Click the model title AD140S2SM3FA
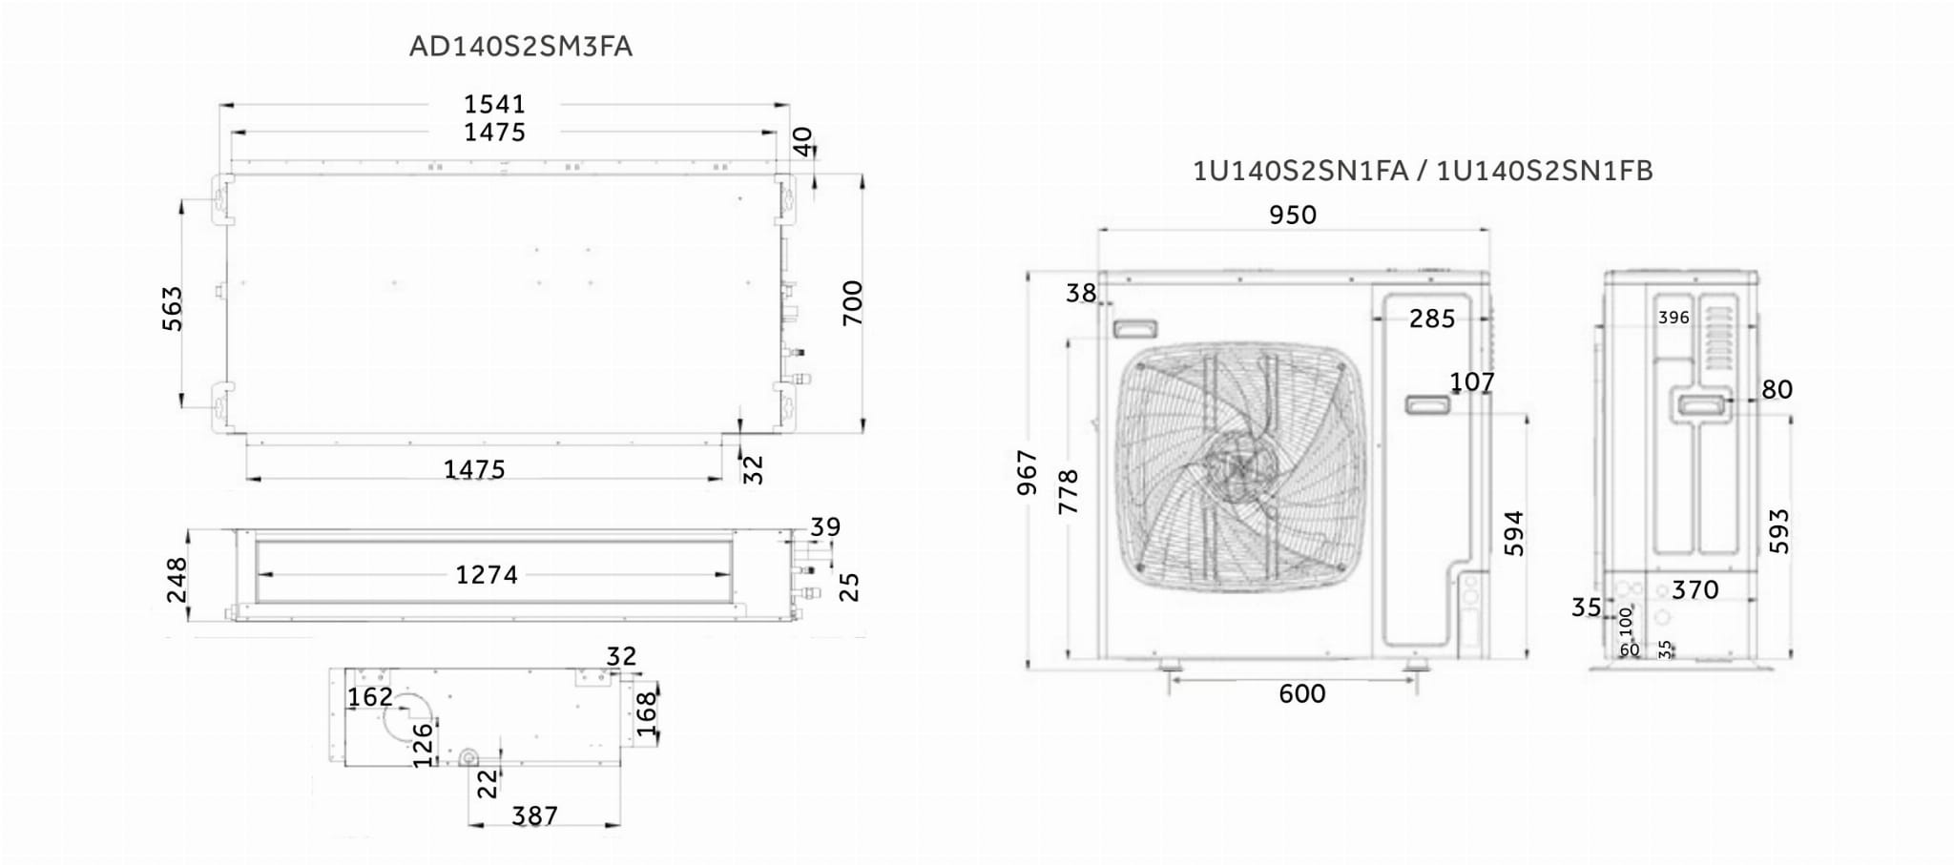pos(520,47)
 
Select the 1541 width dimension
pos(494,104)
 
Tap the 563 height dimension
pos(172,308)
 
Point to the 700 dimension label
pos(852,303)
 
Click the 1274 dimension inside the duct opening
pos(487,575)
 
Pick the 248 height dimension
pos(177,580)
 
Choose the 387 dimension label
pos(534,816)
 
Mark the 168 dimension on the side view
pos(646,713)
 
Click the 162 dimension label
pos(370,697)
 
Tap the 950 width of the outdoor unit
pos(1293,215)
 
